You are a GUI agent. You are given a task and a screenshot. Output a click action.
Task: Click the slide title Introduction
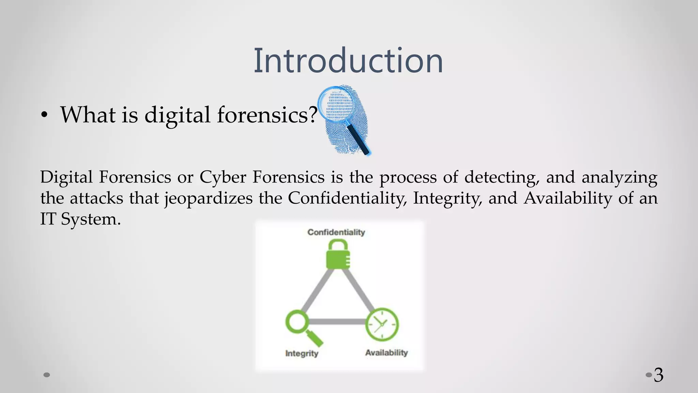point(348,61)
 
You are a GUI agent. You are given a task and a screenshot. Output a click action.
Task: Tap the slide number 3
point(658,375)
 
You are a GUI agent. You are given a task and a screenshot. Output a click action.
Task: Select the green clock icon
point(382,324)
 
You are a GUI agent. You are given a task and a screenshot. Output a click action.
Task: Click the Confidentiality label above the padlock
point(336,232)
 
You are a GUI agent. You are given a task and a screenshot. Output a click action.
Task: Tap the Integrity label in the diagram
point(302,353)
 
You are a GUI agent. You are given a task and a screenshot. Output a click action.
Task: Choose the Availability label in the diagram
point(386,353)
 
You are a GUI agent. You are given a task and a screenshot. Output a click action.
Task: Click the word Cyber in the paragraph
point(223,177)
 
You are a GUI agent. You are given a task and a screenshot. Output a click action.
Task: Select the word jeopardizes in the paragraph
point(209,199)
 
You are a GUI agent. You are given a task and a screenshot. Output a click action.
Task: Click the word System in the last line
point(91,219)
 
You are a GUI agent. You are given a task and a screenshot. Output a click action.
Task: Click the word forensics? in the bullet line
point(267,115)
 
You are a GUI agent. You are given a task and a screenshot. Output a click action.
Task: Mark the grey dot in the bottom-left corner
point(47,375)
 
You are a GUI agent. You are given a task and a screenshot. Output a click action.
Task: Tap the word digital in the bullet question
point(177,115)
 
